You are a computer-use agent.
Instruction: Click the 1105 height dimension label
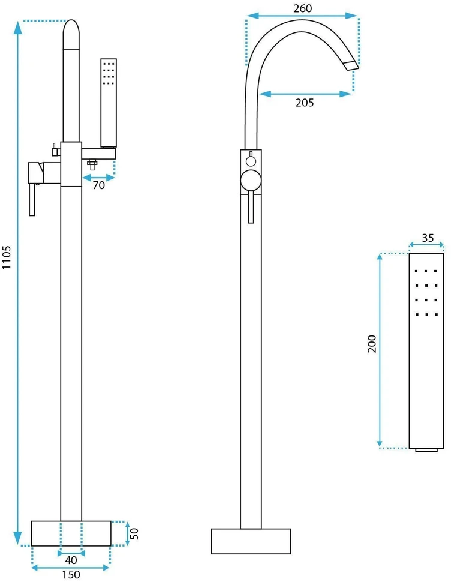pos(7,257)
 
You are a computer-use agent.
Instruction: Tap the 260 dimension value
pos(303,8)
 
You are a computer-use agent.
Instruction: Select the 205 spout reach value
pos(305,103)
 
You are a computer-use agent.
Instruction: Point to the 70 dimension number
pos(98,185)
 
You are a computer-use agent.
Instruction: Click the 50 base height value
pos(134,533)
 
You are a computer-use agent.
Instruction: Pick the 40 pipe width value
pos(71,560)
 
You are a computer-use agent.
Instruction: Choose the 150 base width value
pos(71,575)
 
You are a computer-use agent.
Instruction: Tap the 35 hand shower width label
pos(428,238)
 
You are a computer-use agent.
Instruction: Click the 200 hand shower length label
pos(372,344)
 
